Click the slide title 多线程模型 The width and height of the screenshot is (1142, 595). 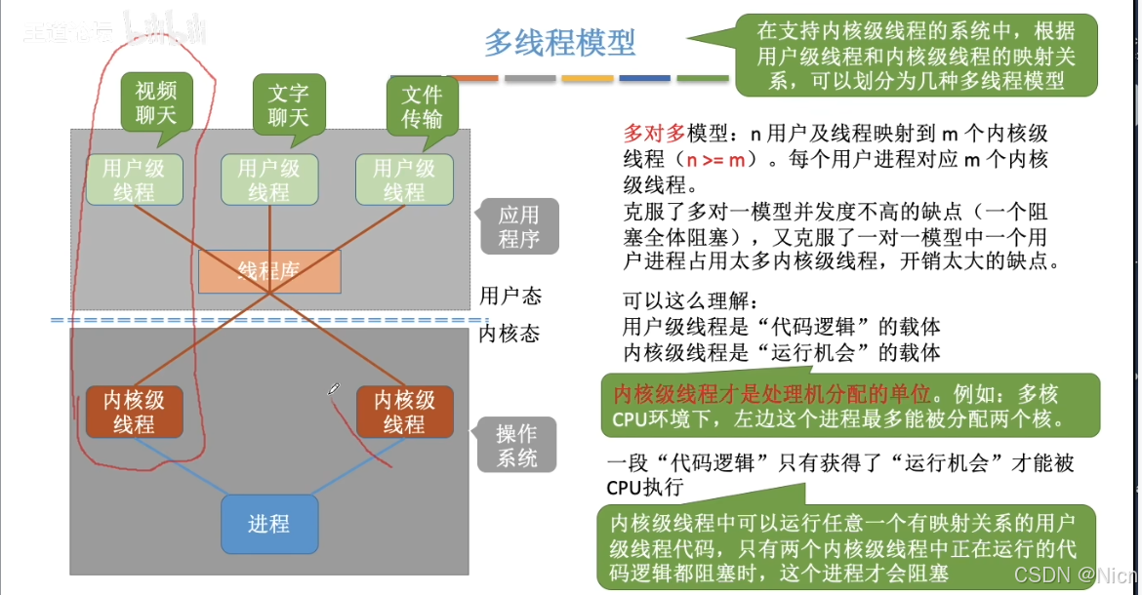click(x=560, y=43)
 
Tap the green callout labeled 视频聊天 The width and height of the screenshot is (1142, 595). click(x=156, y=103)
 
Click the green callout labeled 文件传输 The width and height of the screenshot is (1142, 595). click(x=422, y=106)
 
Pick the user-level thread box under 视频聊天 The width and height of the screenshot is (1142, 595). click(x=134, y=179)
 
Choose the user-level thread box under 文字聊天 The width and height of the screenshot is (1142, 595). click(x=268, y=179)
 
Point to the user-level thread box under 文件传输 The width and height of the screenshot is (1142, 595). click(x=403, y=179)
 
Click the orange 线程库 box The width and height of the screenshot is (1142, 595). click(x=269, y=272)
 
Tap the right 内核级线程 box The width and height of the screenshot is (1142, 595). click(x=404, y=412)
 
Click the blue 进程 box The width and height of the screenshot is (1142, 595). click(x=268, y=525)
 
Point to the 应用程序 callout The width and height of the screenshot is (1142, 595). click(x=519, y=226)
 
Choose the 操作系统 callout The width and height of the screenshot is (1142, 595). click(x=516, y=446)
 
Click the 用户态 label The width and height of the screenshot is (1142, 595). click(x=510, y=295)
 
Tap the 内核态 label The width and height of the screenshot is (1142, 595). click(x=510, y=334)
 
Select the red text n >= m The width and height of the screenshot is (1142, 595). click(x=720, y=159)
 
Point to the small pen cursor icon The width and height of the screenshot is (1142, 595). click(x=334, y=390)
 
